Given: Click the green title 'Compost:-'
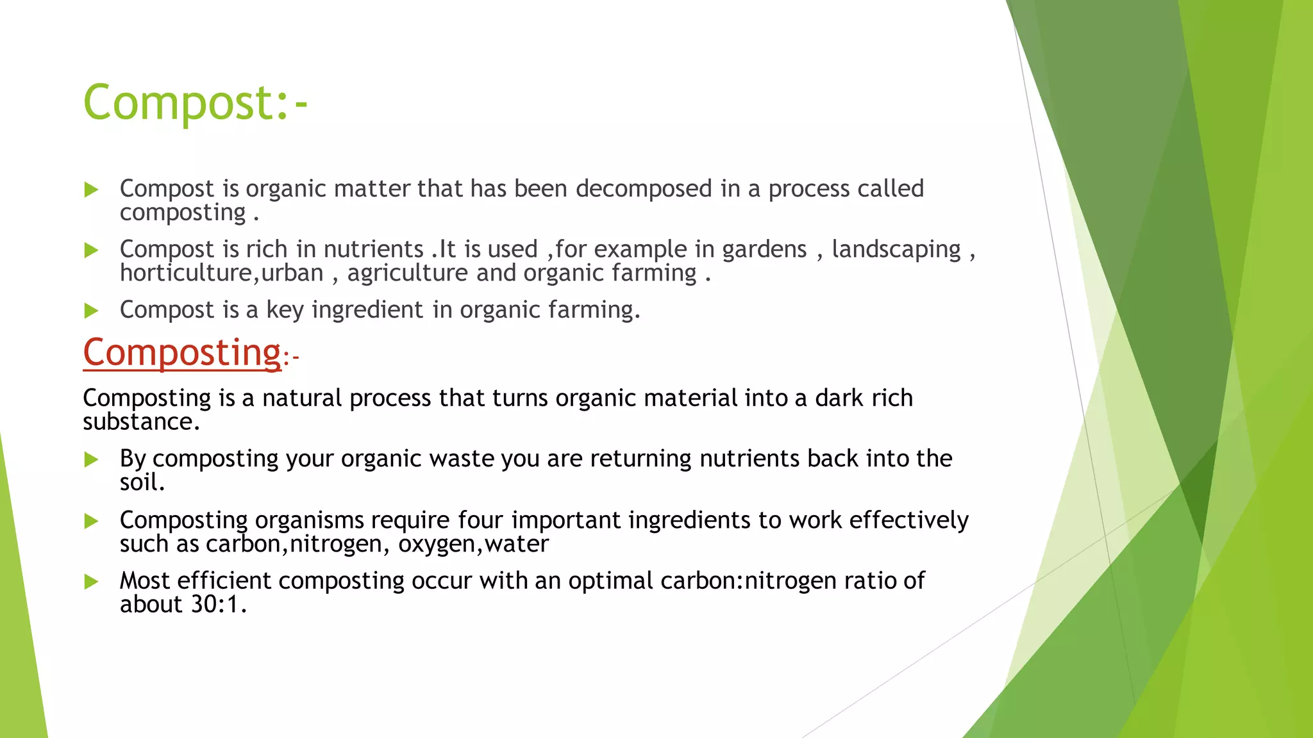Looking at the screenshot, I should click(x=195, y=102).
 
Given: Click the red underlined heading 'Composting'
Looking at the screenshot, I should click(x=182, y=352).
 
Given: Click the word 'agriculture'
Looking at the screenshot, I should click(x=408, y=274).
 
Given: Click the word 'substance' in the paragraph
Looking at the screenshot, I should click(x=138, y=422).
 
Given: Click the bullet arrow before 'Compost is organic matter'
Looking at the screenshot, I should click(x=91, y=190).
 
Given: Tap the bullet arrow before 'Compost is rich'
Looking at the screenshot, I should click(x=91, y=250).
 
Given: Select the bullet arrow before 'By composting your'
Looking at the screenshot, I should click(x=91, y=460).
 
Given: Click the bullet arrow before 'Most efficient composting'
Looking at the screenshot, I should click(x=91, y=582).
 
